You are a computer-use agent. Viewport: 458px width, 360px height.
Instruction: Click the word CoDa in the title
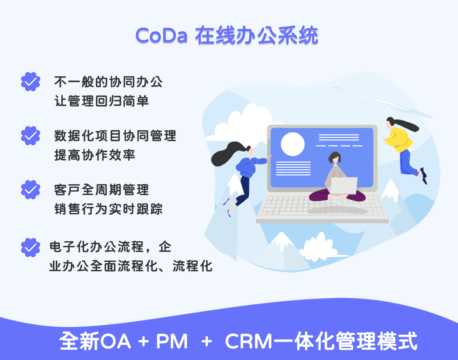(x=161, y=36)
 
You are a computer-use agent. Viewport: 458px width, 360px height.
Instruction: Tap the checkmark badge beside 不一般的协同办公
(x=30, y=81)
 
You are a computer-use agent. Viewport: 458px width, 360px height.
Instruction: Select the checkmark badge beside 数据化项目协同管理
(x=30, y=135)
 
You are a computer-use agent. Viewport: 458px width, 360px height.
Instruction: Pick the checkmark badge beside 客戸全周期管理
(x=30, y=189)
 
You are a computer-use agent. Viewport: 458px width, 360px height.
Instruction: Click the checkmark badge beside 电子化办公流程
(x=30, y=247)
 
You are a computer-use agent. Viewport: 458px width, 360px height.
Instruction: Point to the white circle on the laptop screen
(x=292, y=144)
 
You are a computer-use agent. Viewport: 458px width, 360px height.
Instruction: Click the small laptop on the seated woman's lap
(x=343, y=186)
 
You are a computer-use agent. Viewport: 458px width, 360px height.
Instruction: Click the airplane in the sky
(x=339, y=87)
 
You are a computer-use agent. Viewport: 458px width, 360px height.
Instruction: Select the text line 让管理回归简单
(x=102, y=101)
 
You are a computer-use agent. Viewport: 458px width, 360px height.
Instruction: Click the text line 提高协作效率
(x=95, y=155)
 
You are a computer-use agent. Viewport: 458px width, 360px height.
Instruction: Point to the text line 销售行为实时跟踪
(x=108, y=209)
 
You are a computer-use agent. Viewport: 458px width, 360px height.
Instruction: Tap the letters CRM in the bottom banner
(x=248, y=341)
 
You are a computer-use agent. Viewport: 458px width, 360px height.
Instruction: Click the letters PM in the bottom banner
(x=172, y=341)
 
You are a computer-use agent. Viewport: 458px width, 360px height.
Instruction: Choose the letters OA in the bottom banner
(x=115, y=341)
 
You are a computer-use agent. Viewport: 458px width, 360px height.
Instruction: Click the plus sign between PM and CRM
(x=207, y=341)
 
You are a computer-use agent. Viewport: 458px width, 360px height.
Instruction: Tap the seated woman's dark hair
(x=334, y=157)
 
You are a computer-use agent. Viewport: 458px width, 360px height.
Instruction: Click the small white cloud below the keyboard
(x=317, y=246)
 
